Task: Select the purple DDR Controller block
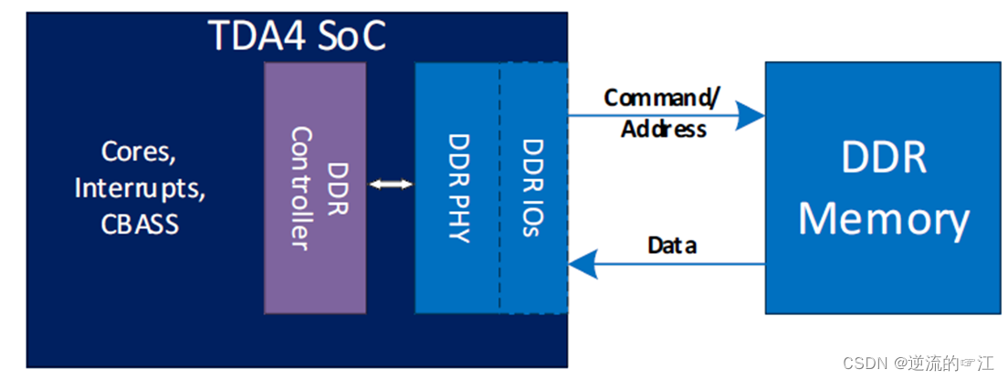pyautogui.click(x=314, y=188)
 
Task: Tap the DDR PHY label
pyautogui.click(x=458, y=188)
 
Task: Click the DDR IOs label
pyautogui.click(x=533, y=188)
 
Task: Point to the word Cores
pyautogui.click(x=139, y=152)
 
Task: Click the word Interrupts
pyautogui.click(x=139, y=188)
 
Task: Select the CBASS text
pyautogui.click(x=139, y=224)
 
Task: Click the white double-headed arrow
pyautogui.click(x=391, y=185)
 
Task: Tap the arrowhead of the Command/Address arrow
pyautogui.click(x=751, y=115)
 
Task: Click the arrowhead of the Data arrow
pyautogui.click(x=581, y=265)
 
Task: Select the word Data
pyautogui.click(x=672, y=245)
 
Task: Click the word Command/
pyautogui.click(x=663, y=97)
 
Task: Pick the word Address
pyautogui.click(x=664, y=129)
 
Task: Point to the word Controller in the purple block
pyautogui.click(x=301, y=188)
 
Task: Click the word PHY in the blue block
pyautogui.click(x=458, y=218)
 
